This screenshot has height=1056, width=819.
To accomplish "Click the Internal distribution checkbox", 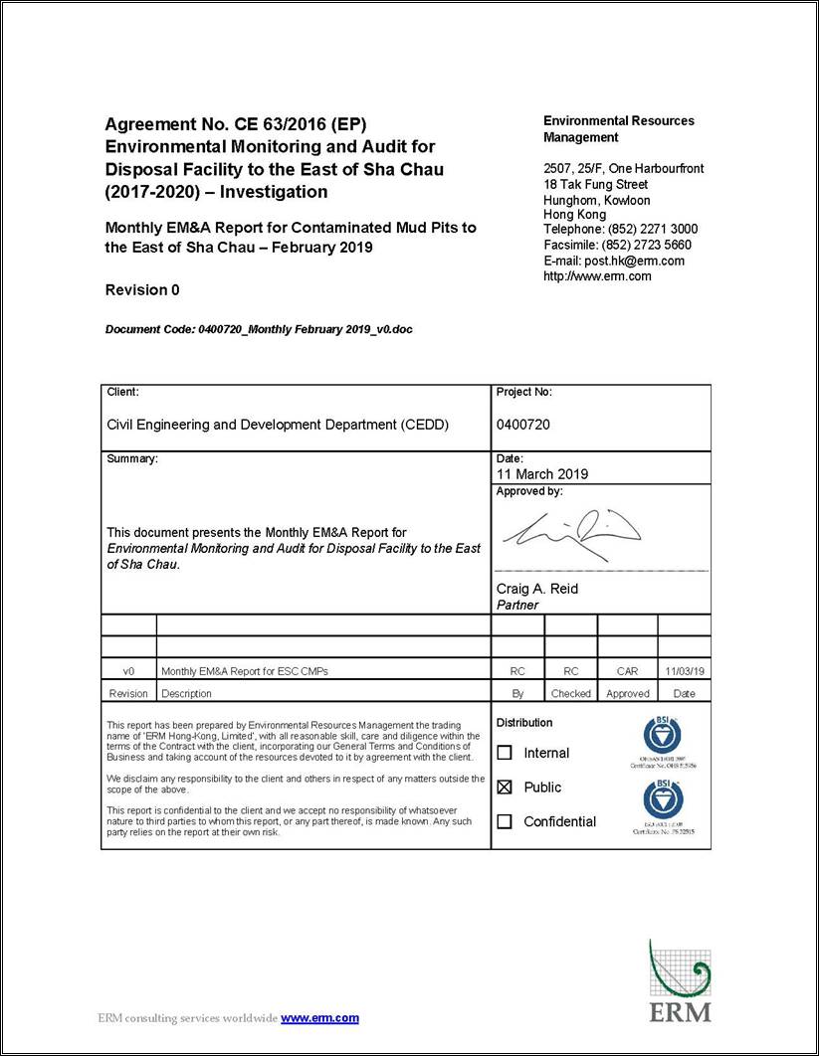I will [x=505, y=753].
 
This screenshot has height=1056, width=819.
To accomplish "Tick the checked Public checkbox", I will [x=505, y=788].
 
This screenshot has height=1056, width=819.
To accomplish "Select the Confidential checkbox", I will [x=505, y=821].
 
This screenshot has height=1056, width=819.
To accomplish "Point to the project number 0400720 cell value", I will [x=523, y=425].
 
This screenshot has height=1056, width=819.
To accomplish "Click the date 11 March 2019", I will [x=542, y=474].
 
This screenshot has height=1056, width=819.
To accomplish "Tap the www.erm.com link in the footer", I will [x=319, y=1018].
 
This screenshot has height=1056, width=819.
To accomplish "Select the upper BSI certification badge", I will [x=662, y=737].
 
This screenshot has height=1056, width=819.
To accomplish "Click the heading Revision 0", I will [x=142, y=290].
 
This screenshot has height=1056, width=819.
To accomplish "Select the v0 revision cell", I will [x=128, y=671].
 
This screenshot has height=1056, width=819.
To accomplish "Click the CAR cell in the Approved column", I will [x=627, y=671].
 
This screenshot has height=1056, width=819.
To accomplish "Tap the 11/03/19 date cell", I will [x=684, y=671].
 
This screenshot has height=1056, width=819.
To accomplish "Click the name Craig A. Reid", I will [x=537, y=589].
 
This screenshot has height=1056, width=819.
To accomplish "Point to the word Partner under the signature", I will [x=517, y=605].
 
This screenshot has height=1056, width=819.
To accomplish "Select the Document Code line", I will [x=259, y=329].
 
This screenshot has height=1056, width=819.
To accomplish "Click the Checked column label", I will [x=570, y=694].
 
